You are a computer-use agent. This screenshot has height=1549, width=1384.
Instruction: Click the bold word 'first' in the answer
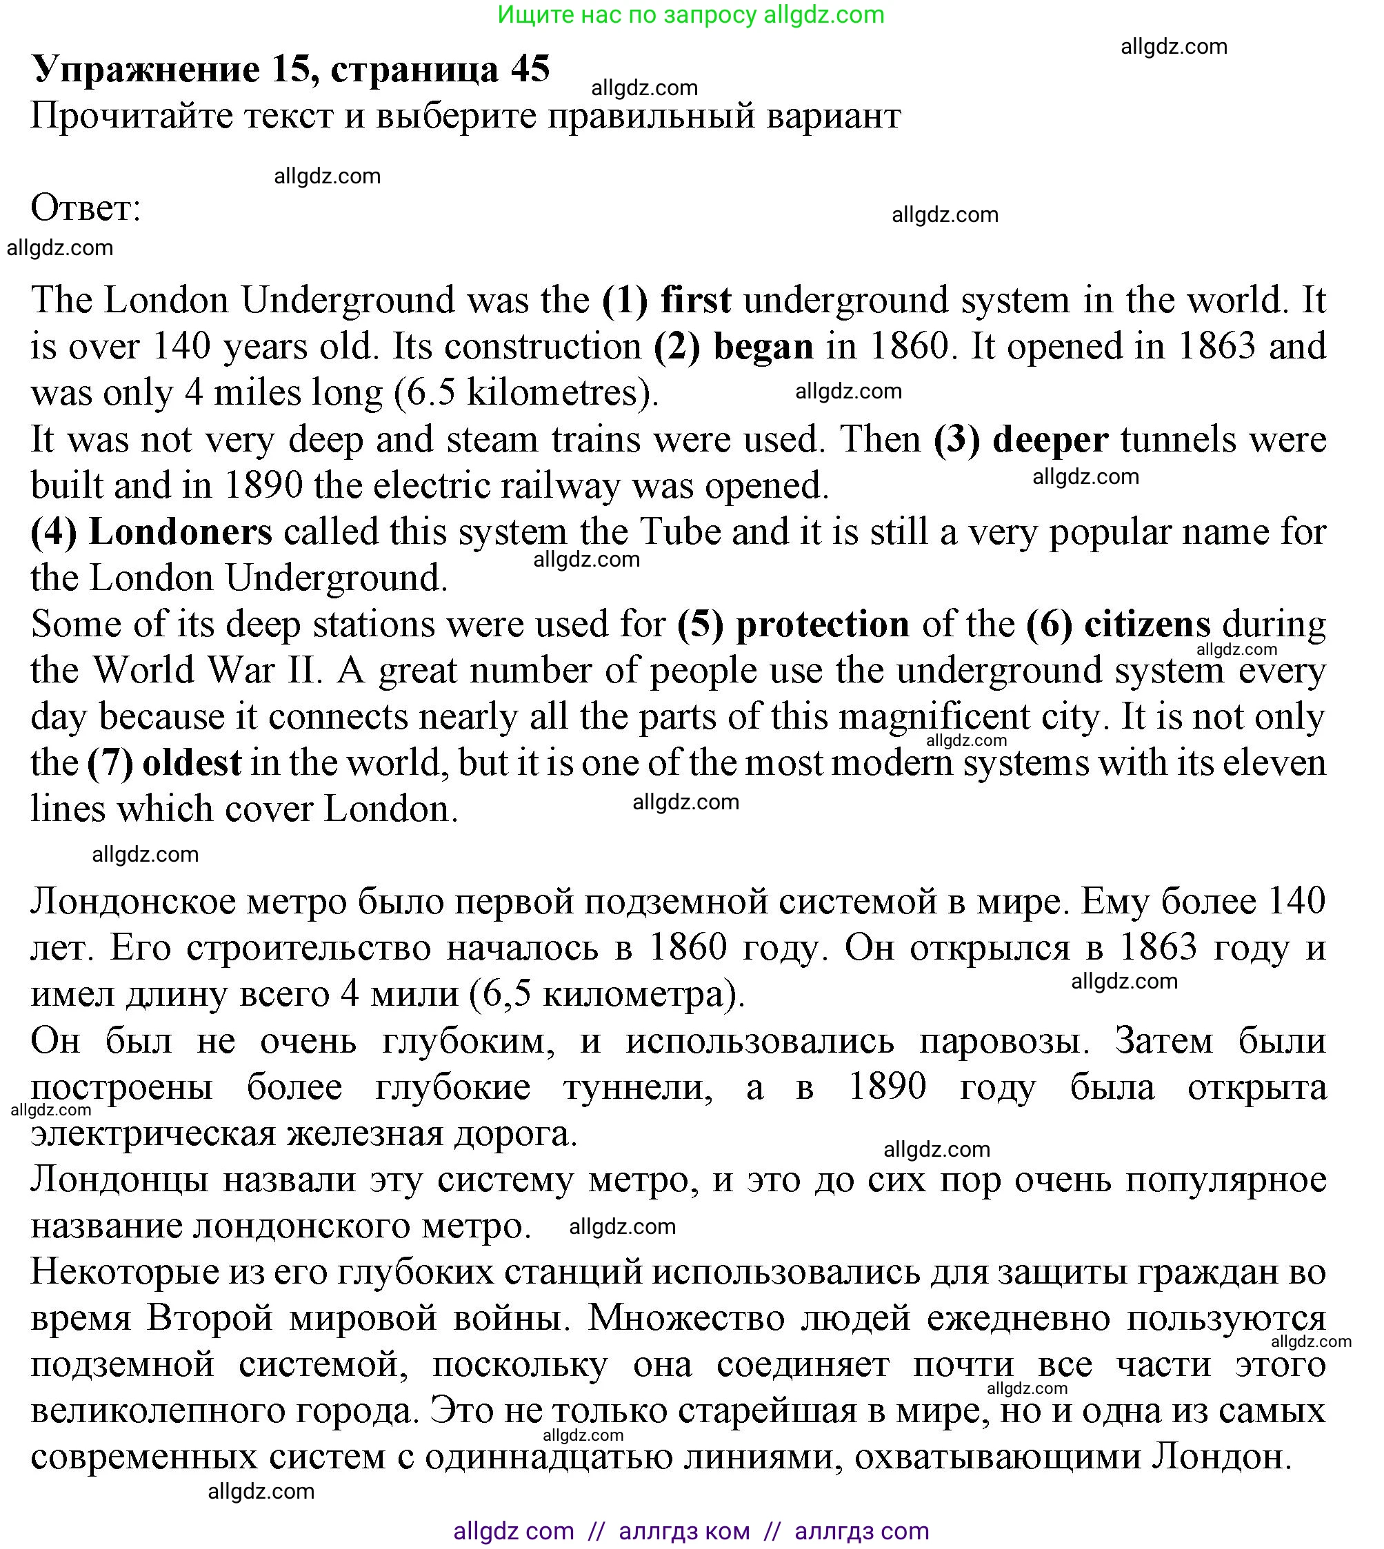[x=695, y=301]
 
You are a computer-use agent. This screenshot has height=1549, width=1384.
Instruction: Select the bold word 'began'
[x=763, y=347]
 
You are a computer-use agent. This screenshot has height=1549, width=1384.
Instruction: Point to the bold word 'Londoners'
[x=180, y=532]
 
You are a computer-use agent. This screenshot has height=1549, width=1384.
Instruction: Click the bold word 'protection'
[x=822, y=625]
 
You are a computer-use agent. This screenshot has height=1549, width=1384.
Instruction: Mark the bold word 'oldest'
[x=192, y=763]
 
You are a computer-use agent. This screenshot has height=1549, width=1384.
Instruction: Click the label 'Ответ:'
[x=86, y=208]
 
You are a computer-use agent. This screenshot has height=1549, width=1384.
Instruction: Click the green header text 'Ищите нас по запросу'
[x=627, y=14]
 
